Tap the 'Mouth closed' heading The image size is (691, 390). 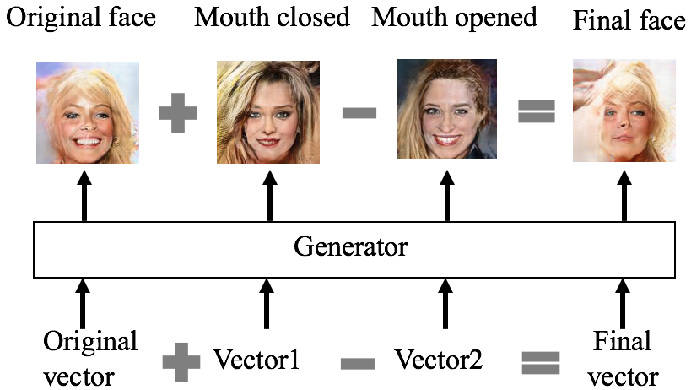pyautogui.click(x=272, y=18)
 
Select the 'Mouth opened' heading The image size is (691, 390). pyautogui.click(x=454, y=18)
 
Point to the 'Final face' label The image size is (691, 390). pyautogui.click(x=628, y=20)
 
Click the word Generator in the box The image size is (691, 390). pyautogui.click(x=350, y=247)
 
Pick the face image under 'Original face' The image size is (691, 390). pyautogui.click(x=87, y=112)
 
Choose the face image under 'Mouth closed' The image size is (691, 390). pyautogui.click(x=268, y=111)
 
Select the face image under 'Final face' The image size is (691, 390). pyautogui.click(x=624, y=111)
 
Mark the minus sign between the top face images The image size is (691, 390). pyautogui.click(x=359, y=112)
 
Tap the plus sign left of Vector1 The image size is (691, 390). pyautogui.click(x=181, y=362)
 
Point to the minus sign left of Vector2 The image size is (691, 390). pyautogui.click(x=358, y=364)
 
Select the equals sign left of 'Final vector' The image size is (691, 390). pyautogui.click(x=541, y=362)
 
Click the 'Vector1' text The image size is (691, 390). pyautogui.click(x=256, y=360)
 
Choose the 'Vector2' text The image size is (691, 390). pyautogui.click(x=439, y=360)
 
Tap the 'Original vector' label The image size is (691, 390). pyautogui.click(x=90, y=358)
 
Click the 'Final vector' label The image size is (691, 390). pyautogui.click(x=623, y=358)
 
